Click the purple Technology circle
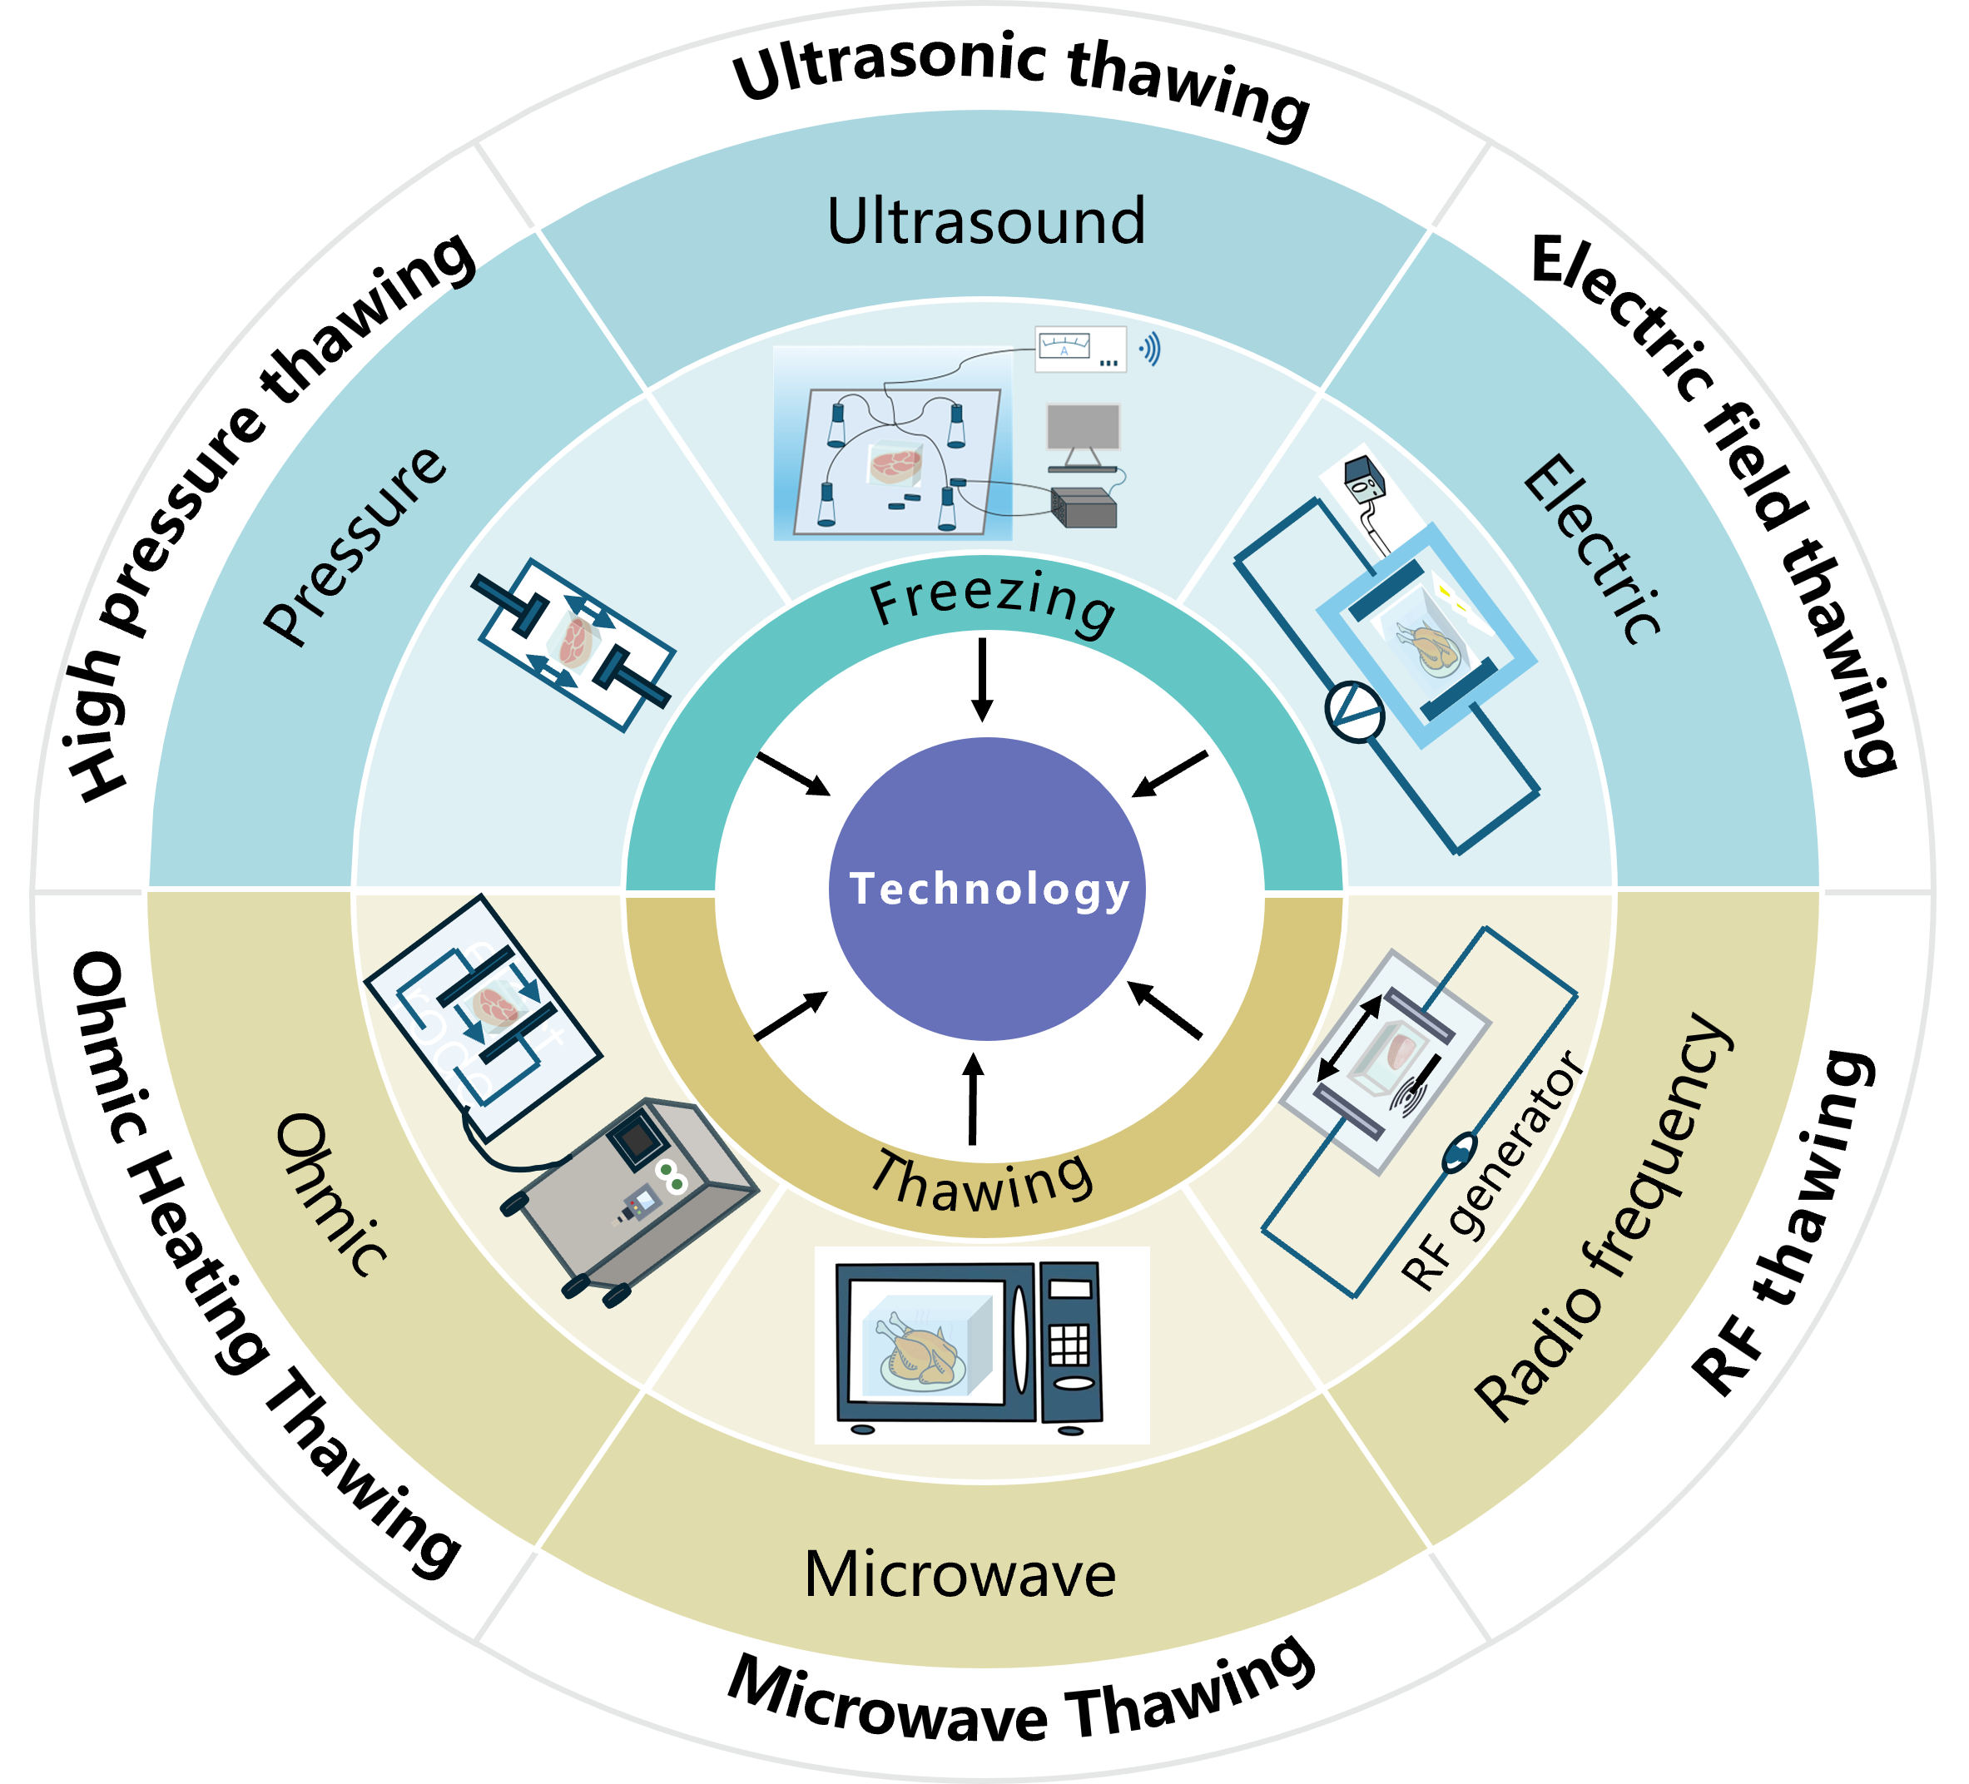tap(986, 889)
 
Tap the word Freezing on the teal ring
tap(991, 602)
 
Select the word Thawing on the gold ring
tap(981, 1182)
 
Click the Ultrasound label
tap(986, 221)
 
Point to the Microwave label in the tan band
tap(960, 1574)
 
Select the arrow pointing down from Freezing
tap(984, 680)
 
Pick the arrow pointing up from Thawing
tap(973, 1098)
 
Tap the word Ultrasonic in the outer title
tap(889, 66)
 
